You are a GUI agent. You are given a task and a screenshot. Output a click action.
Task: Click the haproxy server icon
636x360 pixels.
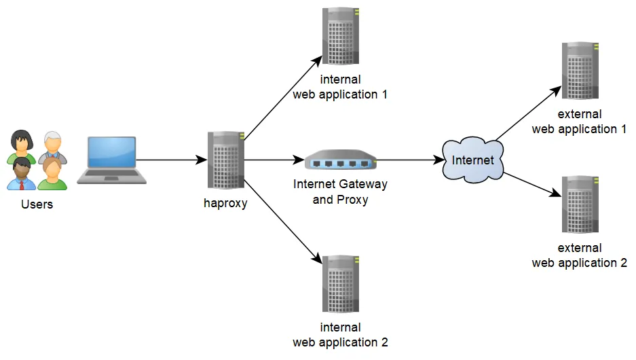225,161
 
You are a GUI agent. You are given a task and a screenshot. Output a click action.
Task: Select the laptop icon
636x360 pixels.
112,161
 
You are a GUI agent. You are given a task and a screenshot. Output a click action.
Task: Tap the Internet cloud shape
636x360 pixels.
472,161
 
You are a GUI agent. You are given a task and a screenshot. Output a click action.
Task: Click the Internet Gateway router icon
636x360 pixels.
340,161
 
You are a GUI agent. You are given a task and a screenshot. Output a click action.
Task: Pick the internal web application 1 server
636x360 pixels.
341,37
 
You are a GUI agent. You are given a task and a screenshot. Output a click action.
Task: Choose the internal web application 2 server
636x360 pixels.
341,285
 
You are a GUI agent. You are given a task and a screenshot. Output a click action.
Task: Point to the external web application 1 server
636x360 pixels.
580,72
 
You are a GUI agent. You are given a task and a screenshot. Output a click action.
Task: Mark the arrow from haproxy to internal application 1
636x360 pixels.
282,98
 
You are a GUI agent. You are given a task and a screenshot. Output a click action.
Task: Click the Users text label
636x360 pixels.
37,204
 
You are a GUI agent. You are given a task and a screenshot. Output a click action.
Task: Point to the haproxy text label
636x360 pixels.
225,202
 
